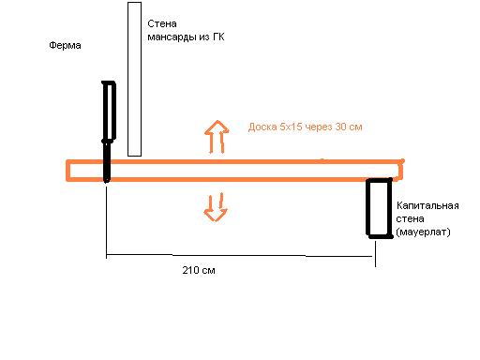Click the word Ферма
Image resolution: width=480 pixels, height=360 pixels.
pos(65,46)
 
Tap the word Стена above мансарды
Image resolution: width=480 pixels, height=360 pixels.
pos(162,23)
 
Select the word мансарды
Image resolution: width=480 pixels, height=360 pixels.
pos(172,37)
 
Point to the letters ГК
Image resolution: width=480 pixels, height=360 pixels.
pos(218,37)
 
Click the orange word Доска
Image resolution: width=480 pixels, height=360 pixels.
pos(262,127)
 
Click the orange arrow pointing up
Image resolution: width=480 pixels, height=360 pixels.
pos(217,137)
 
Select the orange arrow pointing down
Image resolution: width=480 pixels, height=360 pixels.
pos(216,207)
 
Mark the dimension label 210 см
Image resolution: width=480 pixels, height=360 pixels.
pos(199,270)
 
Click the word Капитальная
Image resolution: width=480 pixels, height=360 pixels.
pos(427,205)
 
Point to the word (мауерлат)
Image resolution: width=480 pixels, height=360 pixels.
pos(423,232)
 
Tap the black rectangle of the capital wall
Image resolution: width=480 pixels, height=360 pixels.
pos(367,208)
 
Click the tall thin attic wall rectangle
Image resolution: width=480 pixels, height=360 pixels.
pos(127,79)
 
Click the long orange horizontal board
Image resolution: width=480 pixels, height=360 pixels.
pos(234,161)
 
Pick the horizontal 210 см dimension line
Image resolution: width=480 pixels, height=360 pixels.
pos(239,256)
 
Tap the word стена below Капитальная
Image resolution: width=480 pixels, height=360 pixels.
pos(410,218)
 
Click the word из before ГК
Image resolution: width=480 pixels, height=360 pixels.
pos(204,37)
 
